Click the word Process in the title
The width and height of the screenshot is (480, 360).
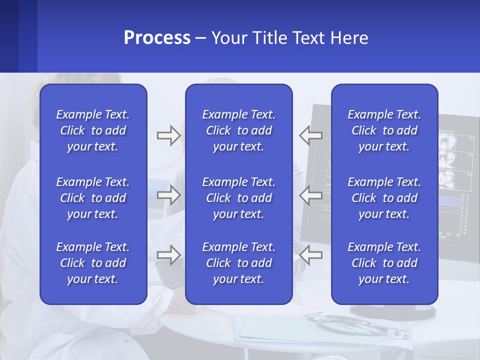click(x=157, y=38)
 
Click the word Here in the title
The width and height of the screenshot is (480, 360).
click(x=349, y=38)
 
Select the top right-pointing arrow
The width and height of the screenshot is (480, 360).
click(x=168, y=135)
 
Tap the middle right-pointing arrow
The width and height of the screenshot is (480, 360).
click(x=168, y=195)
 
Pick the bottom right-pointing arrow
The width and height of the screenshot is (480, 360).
click(x=168, y=255)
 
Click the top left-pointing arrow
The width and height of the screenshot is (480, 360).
click(x=310, y=135)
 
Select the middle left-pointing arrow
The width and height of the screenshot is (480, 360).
click(x=310, y=195)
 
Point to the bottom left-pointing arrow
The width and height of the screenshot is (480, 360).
click(x=310, y=255)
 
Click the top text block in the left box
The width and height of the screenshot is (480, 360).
click(x=93, y=130)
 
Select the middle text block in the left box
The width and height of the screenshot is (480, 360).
click(x=93, y=198)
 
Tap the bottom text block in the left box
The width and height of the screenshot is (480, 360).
click(x=93, y=263)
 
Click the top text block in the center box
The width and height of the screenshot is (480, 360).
click(x=239, y=130)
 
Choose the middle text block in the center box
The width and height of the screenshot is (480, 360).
click(x=239, y=198)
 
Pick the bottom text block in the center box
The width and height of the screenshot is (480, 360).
click(x=239, y=263)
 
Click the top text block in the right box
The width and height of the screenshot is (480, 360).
click(x=384, y=130)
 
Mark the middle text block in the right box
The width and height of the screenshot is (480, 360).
click(x=384, y=198)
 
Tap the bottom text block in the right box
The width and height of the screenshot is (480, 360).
click(x=384, y=263)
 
